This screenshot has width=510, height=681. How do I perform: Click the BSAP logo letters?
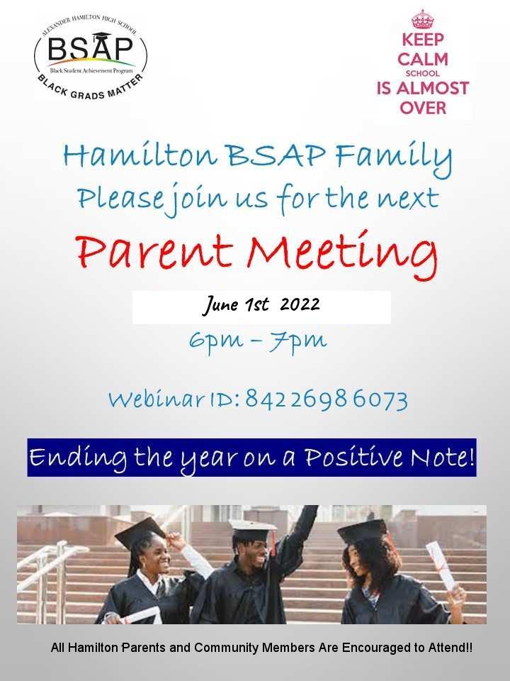click(x=90, y=50)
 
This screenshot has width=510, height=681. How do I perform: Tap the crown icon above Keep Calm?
click(x=422, y=18)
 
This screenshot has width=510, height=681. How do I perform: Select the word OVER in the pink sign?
click(x=422, y=108)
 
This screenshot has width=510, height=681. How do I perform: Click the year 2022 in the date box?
click(x=300, y=305)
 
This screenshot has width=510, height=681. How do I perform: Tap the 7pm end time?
click(x=300, y=341)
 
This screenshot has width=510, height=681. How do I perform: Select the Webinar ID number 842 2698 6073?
click(x=327, y=400)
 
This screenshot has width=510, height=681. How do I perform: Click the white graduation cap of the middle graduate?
click(x=253, y=528)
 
